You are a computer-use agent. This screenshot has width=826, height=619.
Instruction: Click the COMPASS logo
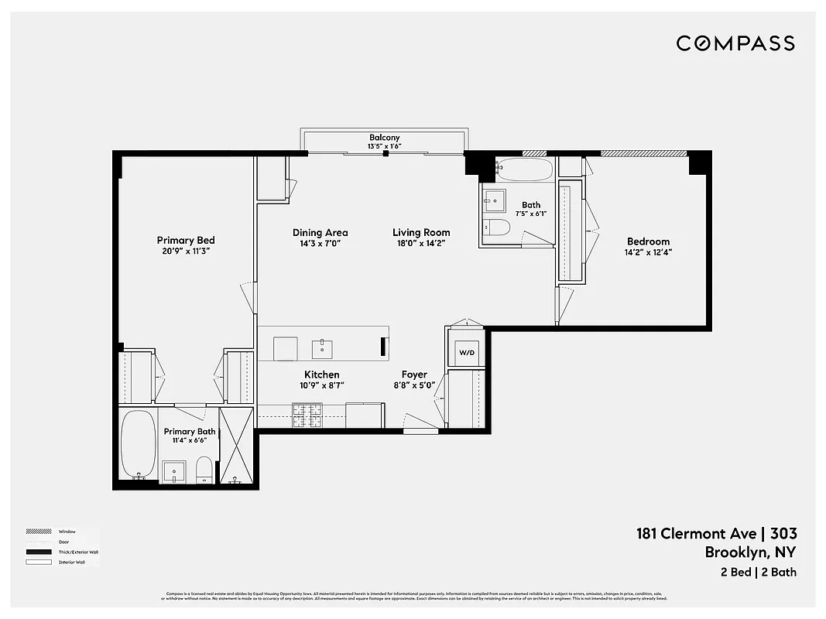[x=735, y=43]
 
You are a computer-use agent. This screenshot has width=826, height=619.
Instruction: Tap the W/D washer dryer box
[x=467, y=353]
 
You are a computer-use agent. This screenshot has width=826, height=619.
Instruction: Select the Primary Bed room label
[x=185, y=241]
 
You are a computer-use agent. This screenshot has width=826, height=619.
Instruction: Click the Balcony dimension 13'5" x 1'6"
[x=384, y=146]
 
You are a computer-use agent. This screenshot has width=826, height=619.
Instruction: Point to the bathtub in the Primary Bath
[x=139, y=444]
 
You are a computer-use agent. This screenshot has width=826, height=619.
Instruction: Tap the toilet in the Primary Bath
[x=204, y=469]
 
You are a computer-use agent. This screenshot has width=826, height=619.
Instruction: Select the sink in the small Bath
[x=493, y=200]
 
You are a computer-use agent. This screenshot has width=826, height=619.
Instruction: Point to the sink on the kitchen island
[x=322, y=349]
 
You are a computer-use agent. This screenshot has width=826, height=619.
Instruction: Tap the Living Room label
[x=421, y=232]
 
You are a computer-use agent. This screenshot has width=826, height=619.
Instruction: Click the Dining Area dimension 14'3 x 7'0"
[x=320, y=243]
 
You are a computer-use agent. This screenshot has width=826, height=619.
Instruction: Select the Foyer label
[x=414, y=374]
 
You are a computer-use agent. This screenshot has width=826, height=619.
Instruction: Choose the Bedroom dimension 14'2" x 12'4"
[x=648, y=252]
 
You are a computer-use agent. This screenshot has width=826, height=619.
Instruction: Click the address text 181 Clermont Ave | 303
[x=716, y=533]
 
